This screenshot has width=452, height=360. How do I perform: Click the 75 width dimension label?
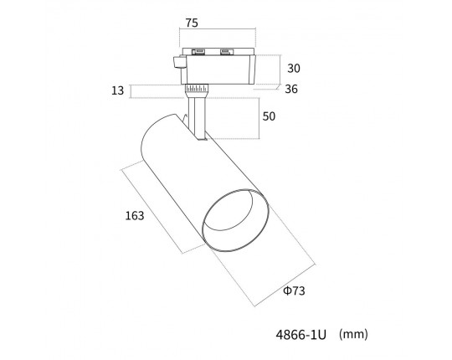point(192,23)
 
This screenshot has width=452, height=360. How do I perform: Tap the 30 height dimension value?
point(294,69)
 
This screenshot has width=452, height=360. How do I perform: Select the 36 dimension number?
point(291,89)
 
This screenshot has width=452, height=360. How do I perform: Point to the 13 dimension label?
point(118,90)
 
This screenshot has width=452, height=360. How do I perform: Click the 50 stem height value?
point(269,116)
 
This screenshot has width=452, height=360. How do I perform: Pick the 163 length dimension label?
point(134,216)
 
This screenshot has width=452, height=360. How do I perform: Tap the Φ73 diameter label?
point(294,291)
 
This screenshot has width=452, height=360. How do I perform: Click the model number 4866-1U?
point(301,335)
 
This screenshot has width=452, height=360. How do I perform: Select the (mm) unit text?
point(353,334)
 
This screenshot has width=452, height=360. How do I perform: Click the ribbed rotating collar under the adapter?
point(197,88)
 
